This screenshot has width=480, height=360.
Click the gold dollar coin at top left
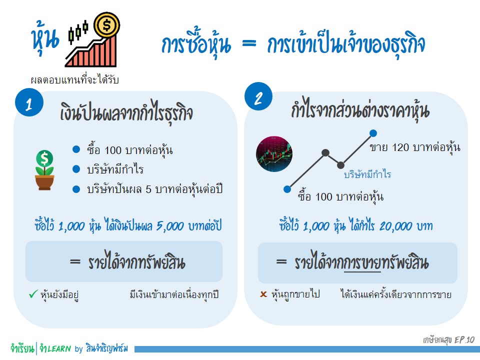(x=107, y=25)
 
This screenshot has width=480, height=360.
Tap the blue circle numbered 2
(x=258, y=96)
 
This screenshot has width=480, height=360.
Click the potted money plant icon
(x=44, y=170)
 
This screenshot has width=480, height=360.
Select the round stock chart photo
(x=274, y=153)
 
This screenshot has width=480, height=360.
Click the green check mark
(x=33, y=294)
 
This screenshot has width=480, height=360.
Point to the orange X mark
(x=263, y=294)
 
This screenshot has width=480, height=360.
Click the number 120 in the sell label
(x=400, y=147)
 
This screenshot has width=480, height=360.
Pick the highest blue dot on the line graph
(x=373, y=133)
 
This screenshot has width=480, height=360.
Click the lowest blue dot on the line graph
(x=287, y=189)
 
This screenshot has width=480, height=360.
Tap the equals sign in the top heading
(x=249, y=43)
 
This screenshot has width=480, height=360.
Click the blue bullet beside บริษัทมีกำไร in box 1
(x=76, y=169)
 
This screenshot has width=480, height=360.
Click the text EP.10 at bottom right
(x=464, y=340)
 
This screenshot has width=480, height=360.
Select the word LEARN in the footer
(x=59, y=348)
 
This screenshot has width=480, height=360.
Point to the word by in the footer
(x=78, y=349)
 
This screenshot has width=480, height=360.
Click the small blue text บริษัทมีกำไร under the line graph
(x=367, y=174)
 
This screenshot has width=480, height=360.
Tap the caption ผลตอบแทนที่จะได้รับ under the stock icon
(x=74, y=79)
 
